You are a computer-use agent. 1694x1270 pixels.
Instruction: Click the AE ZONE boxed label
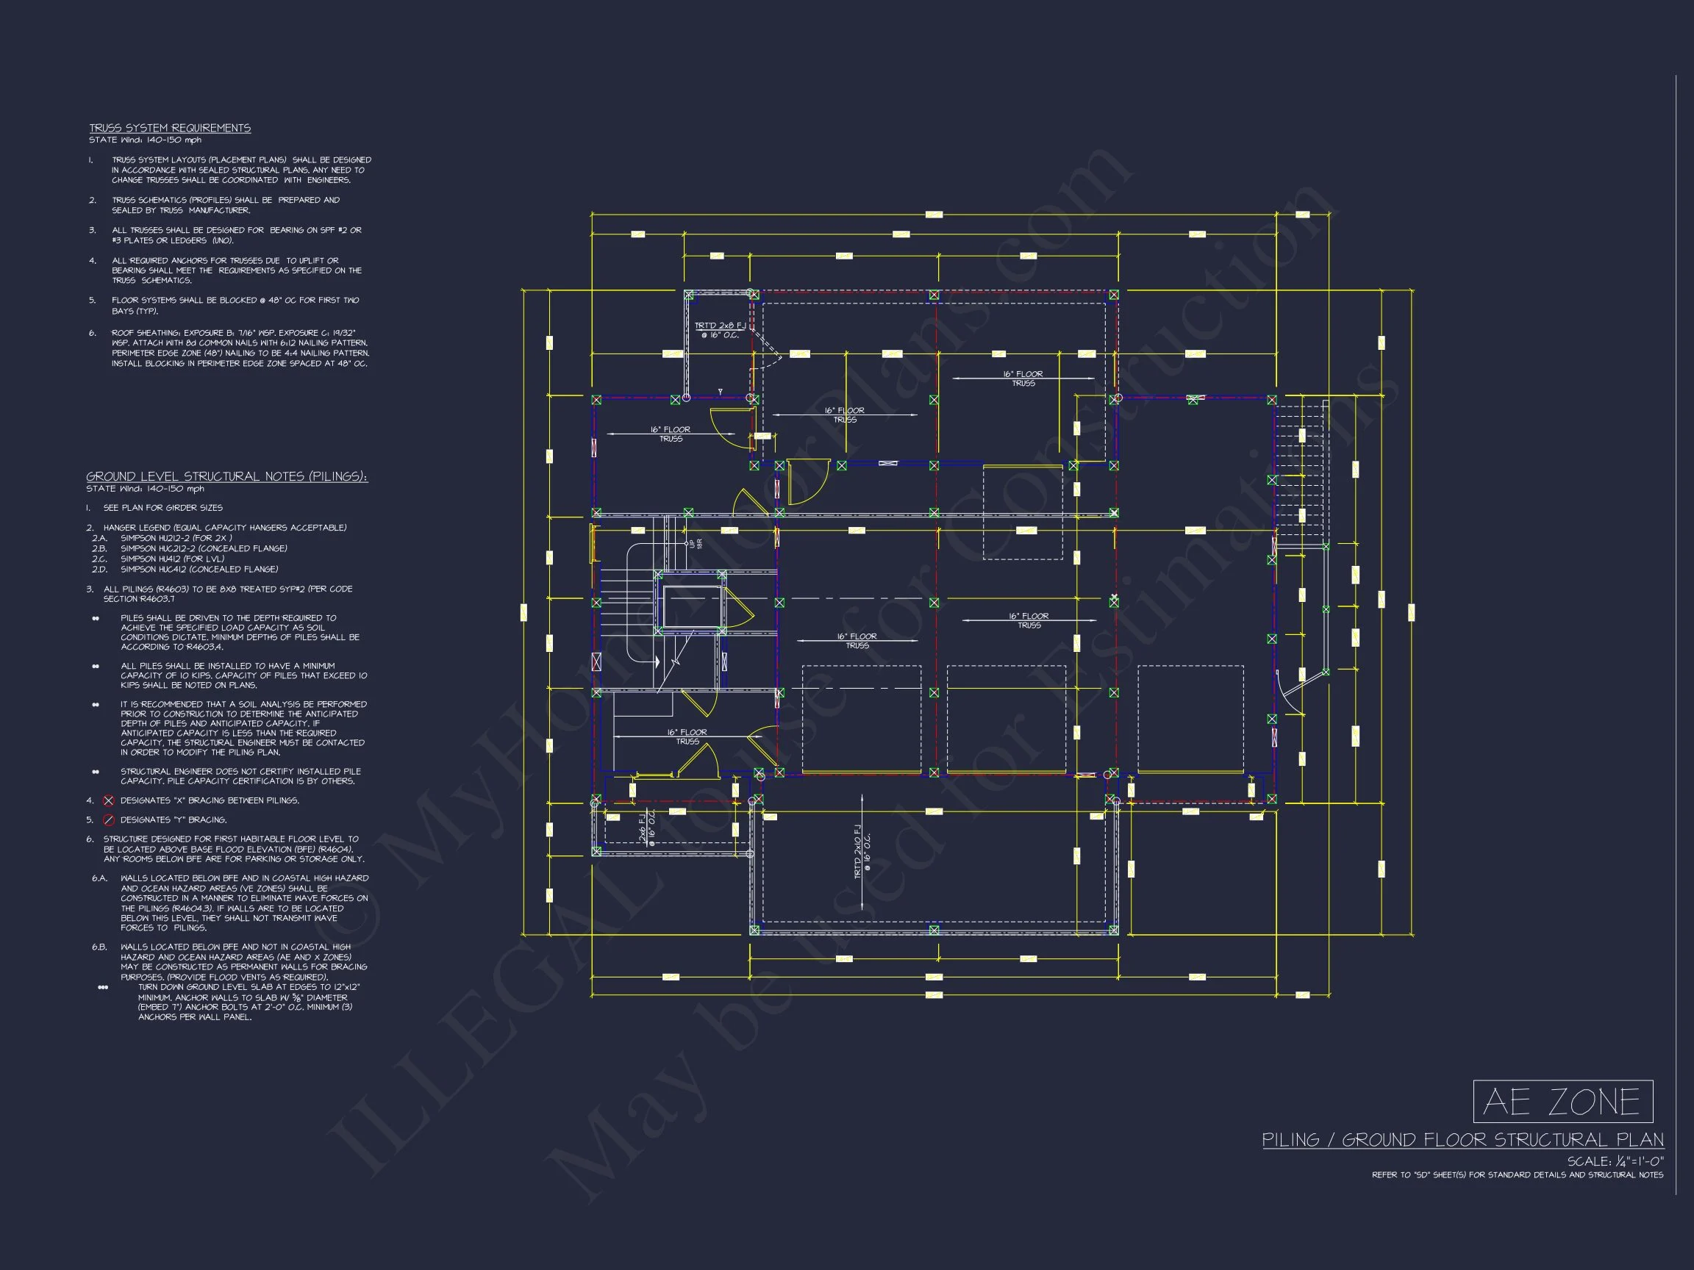tap(1562, 1102)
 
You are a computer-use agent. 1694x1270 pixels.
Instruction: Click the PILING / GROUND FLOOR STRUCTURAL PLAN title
tap(1462, 1140)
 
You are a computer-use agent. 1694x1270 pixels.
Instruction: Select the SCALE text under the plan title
tap(1615, 1161)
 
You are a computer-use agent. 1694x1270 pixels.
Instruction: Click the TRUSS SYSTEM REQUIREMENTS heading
tap(170, 128)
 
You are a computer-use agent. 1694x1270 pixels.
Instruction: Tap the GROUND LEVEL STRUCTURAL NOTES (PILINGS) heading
tap(226, 476)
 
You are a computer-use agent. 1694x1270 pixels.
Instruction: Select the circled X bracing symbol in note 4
tap(109, 801)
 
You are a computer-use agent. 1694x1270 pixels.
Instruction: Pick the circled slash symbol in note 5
tap(109, 820)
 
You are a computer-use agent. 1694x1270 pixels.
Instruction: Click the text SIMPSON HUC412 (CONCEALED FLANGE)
tap(199, 569)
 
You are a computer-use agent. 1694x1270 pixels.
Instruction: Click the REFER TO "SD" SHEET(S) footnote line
tap(1517, 1175)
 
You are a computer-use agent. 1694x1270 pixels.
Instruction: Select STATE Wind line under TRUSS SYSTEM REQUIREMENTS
tap(146, 140)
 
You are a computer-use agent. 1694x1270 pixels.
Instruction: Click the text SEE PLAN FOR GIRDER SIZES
tap(162, 508)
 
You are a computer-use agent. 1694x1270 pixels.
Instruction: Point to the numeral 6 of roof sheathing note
tap(92, 333)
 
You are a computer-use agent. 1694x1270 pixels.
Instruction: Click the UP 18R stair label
tap(696, 544)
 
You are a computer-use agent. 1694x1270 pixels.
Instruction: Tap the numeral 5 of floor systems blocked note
tap(92, 300)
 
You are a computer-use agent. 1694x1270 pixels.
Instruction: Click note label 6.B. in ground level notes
tap(99, 947)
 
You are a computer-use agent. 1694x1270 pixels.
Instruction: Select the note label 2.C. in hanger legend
tap(99, 559)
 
